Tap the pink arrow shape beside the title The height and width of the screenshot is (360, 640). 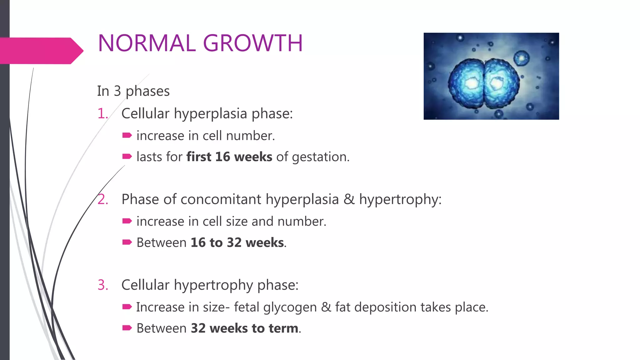point(41,51)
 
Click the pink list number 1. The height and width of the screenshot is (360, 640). point(102,113)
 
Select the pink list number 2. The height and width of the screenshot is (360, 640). point(102,199)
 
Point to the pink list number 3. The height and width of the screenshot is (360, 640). point(102,285)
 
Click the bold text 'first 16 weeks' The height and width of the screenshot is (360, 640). point(229,157)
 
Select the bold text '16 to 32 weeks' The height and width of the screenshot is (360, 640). point(237,243)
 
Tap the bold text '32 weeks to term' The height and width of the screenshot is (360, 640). point(244,328)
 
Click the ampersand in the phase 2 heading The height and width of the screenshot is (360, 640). point(349,199)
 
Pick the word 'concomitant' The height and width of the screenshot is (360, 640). point(220,199)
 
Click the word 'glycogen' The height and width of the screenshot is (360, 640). point(290,307)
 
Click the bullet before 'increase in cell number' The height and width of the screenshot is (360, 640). point(127,135)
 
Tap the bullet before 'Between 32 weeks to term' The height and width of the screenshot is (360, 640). point(127,328)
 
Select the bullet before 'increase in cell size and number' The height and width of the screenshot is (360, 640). point(127,221)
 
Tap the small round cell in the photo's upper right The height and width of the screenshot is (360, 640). point(521,58)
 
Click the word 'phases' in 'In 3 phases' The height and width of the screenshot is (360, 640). point(147,91)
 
